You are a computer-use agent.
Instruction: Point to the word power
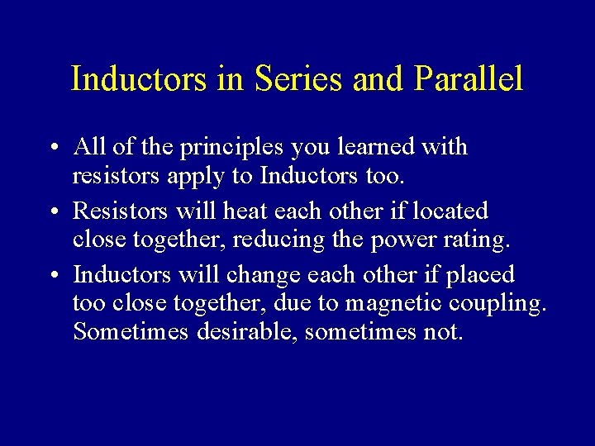point(393,241)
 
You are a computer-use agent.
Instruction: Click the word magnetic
point(393,305)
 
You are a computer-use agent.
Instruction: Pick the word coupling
point(498,305)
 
